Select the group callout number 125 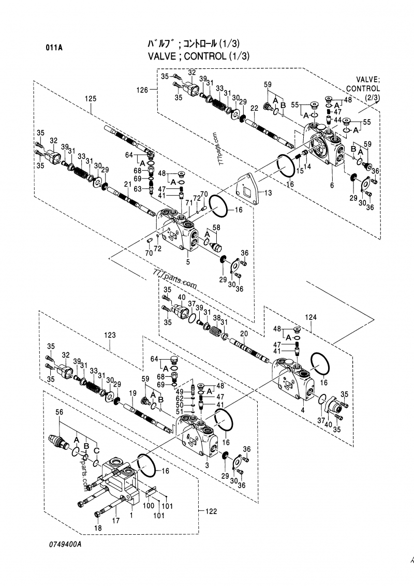[x=91, y=98]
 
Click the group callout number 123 [x=110, y=335]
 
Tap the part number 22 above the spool [x=254, y=108]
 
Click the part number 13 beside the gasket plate [x=267, y=193]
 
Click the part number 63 [x=138, y=189]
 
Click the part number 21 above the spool [x=127, y=184]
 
